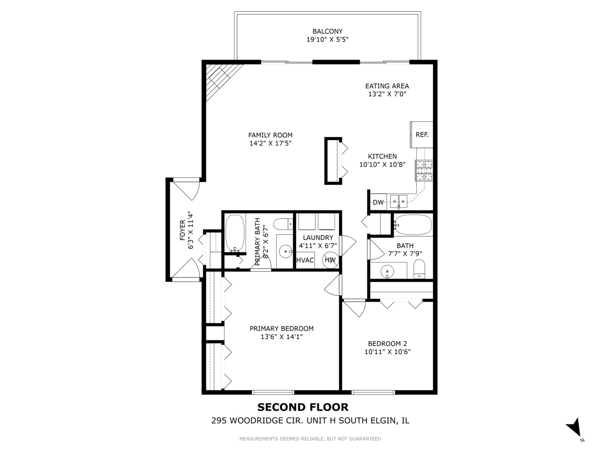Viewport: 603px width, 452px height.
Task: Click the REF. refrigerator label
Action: pos(422,134)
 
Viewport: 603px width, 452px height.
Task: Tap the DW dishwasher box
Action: pos(378,202)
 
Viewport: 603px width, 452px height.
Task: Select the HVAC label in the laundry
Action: pos(305,260)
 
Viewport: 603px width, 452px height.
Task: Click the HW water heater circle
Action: pos(330,260)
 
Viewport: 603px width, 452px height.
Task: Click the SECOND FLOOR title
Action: pos(303,407)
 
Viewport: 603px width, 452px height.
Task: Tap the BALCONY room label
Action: pos(327,31)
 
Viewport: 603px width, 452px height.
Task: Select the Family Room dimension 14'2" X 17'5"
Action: pos(271,143)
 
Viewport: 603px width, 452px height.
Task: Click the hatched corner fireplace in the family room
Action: pos(221,79)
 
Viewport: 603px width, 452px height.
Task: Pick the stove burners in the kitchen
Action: pos(424,171)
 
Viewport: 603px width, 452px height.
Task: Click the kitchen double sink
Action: pos(399,202)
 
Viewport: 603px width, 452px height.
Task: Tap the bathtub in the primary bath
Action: pos(235,233)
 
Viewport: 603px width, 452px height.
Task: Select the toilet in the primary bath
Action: pos(283,224)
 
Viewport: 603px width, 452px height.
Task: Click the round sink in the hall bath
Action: pos(387,272)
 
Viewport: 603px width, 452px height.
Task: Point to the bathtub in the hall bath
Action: pos(413,225)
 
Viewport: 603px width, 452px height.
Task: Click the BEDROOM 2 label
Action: pos(387,344)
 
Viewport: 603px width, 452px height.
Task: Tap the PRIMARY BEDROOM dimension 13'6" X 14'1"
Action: pos(281,336)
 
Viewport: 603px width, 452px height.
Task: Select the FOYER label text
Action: pos(182,230)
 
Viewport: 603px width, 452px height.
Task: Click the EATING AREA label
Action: pos(387,86)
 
